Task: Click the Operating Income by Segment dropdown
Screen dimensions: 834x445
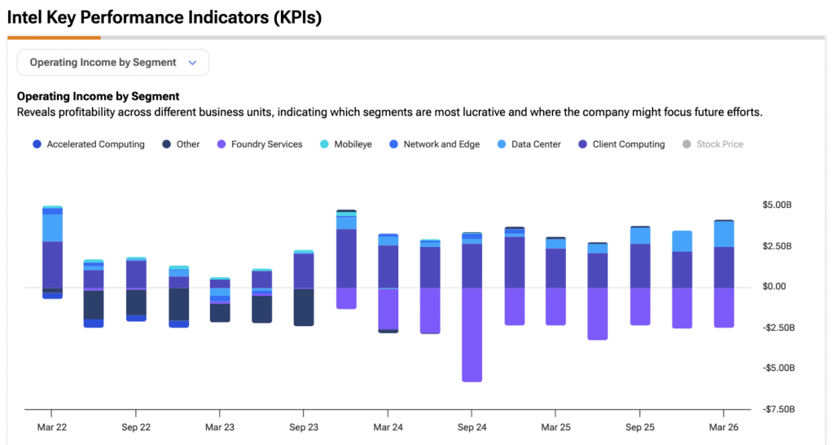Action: [x=112, y=62]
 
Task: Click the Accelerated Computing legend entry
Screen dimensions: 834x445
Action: [x=88, y=144]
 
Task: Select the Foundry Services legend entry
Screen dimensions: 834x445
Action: [x=260, y=144]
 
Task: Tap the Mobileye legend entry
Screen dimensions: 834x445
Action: [x=345, y=144]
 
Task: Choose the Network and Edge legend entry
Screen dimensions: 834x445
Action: [x=435, y=144]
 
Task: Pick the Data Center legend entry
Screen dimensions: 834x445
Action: [x=529, y=144]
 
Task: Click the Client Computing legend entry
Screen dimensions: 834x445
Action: [x=621, y=144]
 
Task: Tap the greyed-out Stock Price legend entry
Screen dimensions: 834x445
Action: [x=713, y=144]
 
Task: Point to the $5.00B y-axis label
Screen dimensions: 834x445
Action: [x=776, y=205]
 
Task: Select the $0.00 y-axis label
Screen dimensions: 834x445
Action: [x=774, y=286]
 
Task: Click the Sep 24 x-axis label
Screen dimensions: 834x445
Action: [x=472, y=427]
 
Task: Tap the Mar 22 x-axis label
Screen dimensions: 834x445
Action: [x=52, y=427]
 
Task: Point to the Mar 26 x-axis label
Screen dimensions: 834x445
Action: [x=723, y=427]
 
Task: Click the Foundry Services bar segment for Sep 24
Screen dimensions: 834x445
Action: [x=472, y=335]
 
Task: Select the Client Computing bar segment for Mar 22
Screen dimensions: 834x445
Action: [x=52, y=265]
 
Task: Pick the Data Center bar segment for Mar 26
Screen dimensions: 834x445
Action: [x=723, y=234]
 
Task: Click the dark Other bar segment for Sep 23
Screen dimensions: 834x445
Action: [x=304, y=307]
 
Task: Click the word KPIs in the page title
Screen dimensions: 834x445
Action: [x=297, y=18]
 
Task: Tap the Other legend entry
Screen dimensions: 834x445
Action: [x=181, y=144]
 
